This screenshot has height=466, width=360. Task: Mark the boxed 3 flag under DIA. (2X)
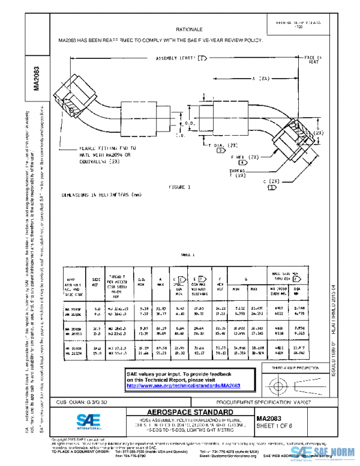204,151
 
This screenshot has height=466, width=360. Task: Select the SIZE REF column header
96,280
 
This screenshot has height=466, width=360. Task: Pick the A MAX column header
161,280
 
